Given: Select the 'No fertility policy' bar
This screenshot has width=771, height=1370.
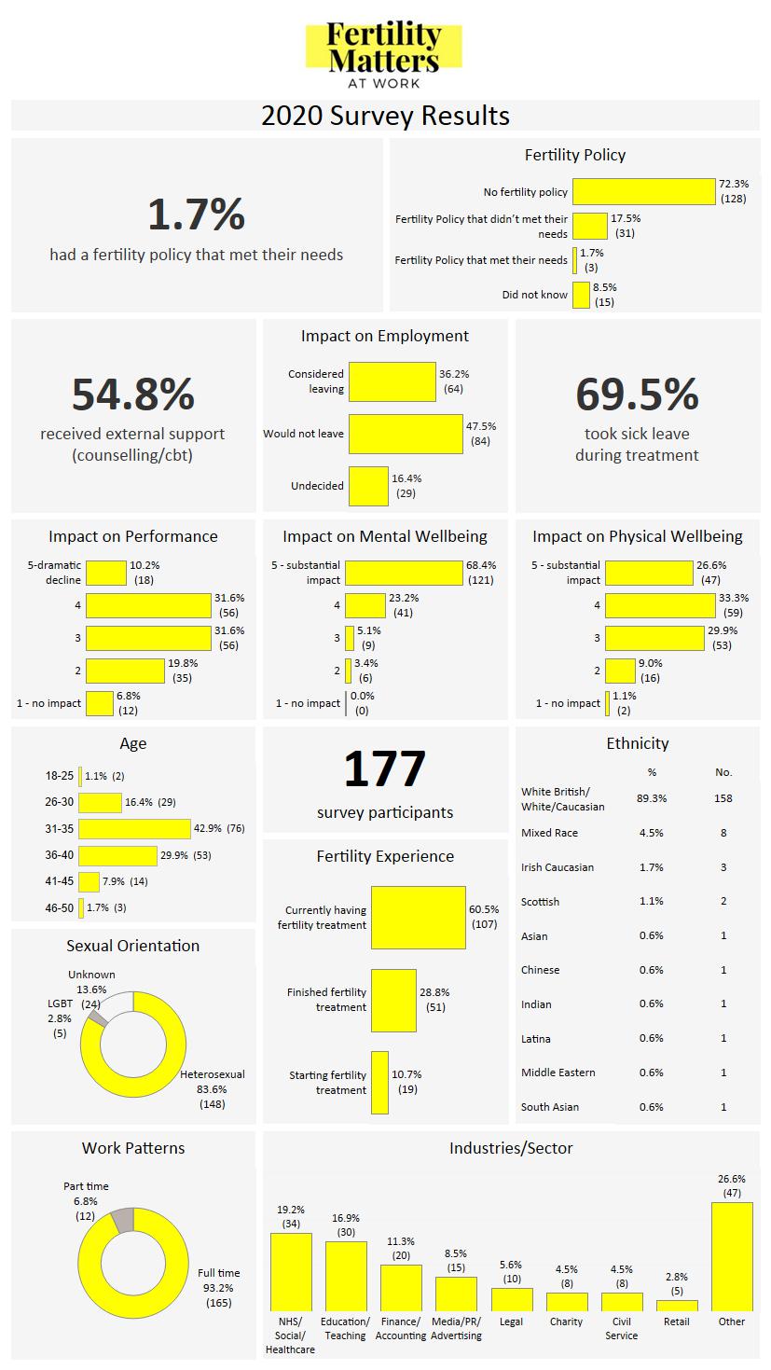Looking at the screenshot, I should pos(643,191).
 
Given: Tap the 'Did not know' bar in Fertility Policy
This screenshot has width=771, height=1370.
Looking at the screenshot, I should pos(581,295).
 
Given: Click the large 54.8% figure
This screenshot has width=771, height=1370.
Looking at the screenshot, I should pos(133,394).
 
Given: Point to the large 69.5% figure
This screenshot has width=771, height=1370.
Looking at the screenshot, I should pos(637,394).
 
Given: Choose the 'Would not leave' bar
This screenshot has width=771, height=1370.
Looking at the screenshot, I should pos(406,434).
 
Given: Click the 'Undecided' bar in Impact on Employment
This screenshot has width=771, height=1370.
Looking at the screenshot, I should pos(367,486).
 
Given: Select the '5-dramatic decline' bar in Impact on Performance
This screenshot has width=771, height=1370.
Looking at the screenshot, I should pos(105,573).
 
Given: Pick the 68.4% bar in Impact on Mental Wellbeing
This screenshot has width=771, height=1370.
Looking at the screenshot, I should pos(404,573).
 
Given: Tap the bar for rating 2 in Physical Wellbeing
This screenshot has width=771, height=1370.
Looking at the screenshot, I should pos(619,671).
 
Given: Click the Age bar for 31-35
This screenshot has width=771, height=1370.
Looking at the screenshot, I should pos(134,828).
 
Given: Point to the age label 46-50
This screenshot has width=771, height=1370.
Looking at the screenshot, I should pos(59,907).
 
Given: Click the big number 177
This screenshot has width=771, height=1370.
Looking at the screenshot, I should pos(384,769).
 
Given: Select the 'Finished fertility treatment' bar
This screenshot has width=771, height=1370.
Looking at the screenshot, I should pos(393,1000).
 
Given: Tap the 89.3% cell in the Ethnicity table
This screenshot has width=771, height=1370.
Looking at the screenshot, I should pos(651,798).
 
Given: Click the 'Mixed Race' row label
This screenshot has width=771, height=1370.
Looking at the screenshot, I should pos(549,833).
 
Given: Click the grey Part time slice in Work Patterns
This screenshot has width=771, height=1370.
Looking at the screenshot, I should pos(122,1220).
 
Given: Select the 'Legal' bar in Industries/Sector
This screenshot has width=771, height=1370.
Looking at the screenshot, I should pos(512,1300).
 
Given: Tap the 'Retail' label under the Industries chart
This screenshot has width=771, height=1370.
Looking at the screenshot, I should pos(676,1322).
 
